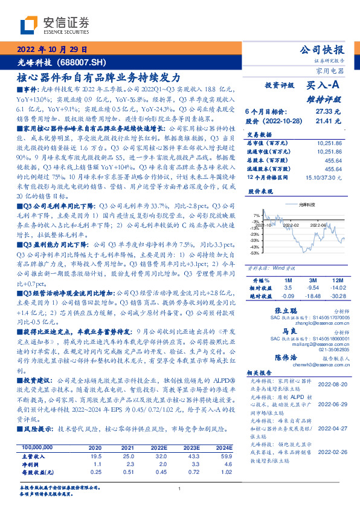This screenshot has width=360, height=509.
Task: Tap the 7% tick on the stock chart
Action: (x=256, y=215)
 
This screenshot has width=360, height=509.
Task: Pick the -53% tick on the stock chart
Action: (x=255, y=253)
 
